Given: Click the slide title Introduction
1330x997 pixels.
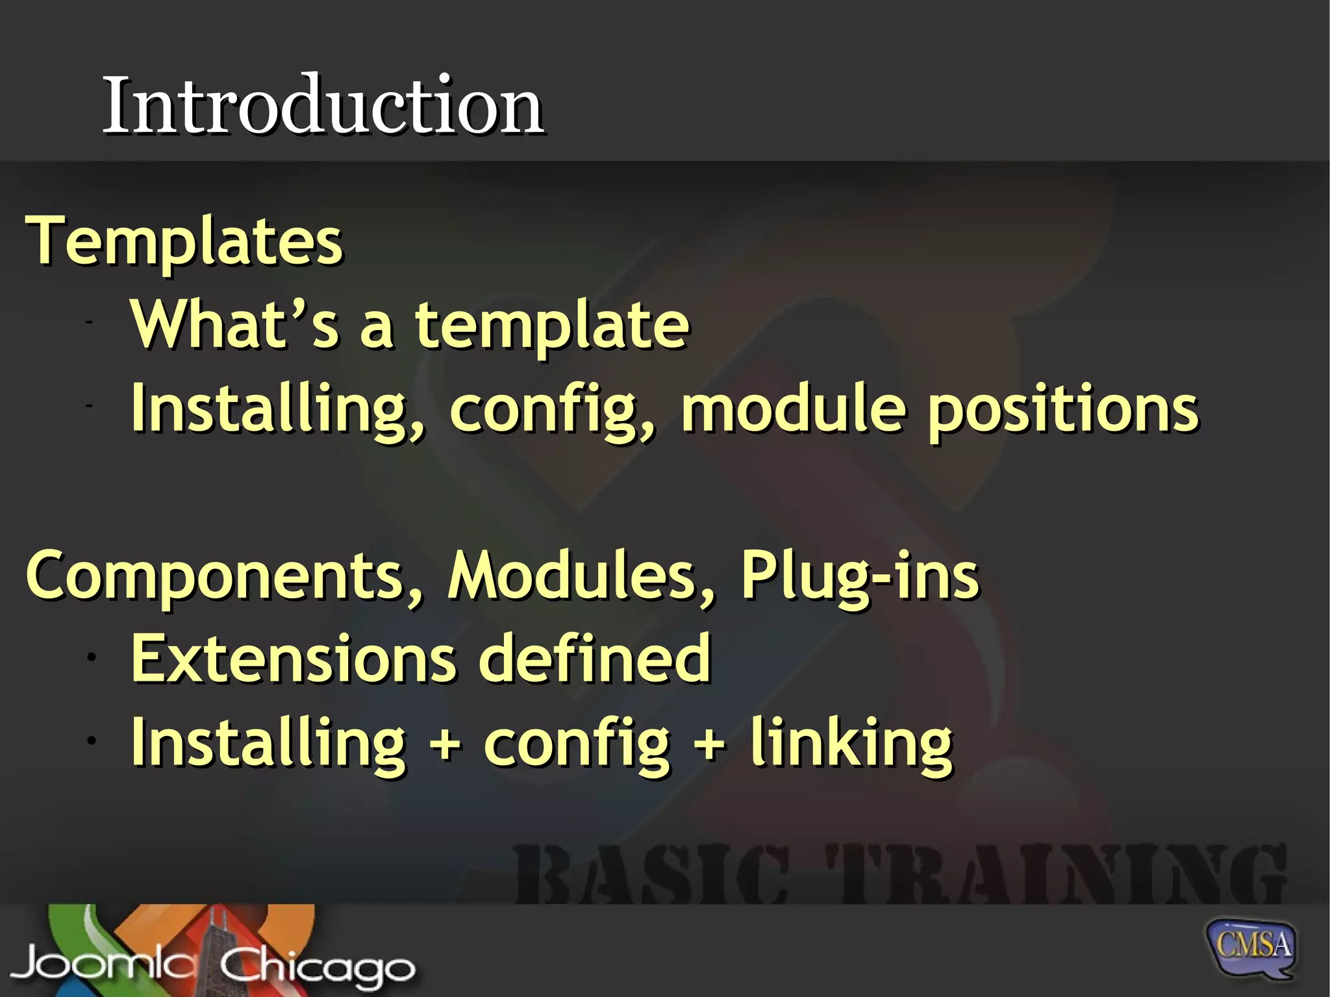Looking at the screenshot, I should (x=323, y=105).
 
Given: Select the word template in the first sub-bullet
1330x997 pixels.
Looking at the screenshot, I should (x=552, y=326).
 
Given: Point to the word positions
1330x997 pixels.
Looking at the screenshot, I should (x=1062, y=410).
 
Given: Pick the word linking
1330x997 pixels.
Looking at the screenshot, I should (x=851, y=744).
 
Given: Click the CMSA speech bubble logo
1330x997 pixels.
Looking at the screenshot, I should (x=1251, y=947).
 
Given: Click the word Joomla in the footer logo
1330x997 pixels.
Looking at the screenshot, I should (x=101, y=965).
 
